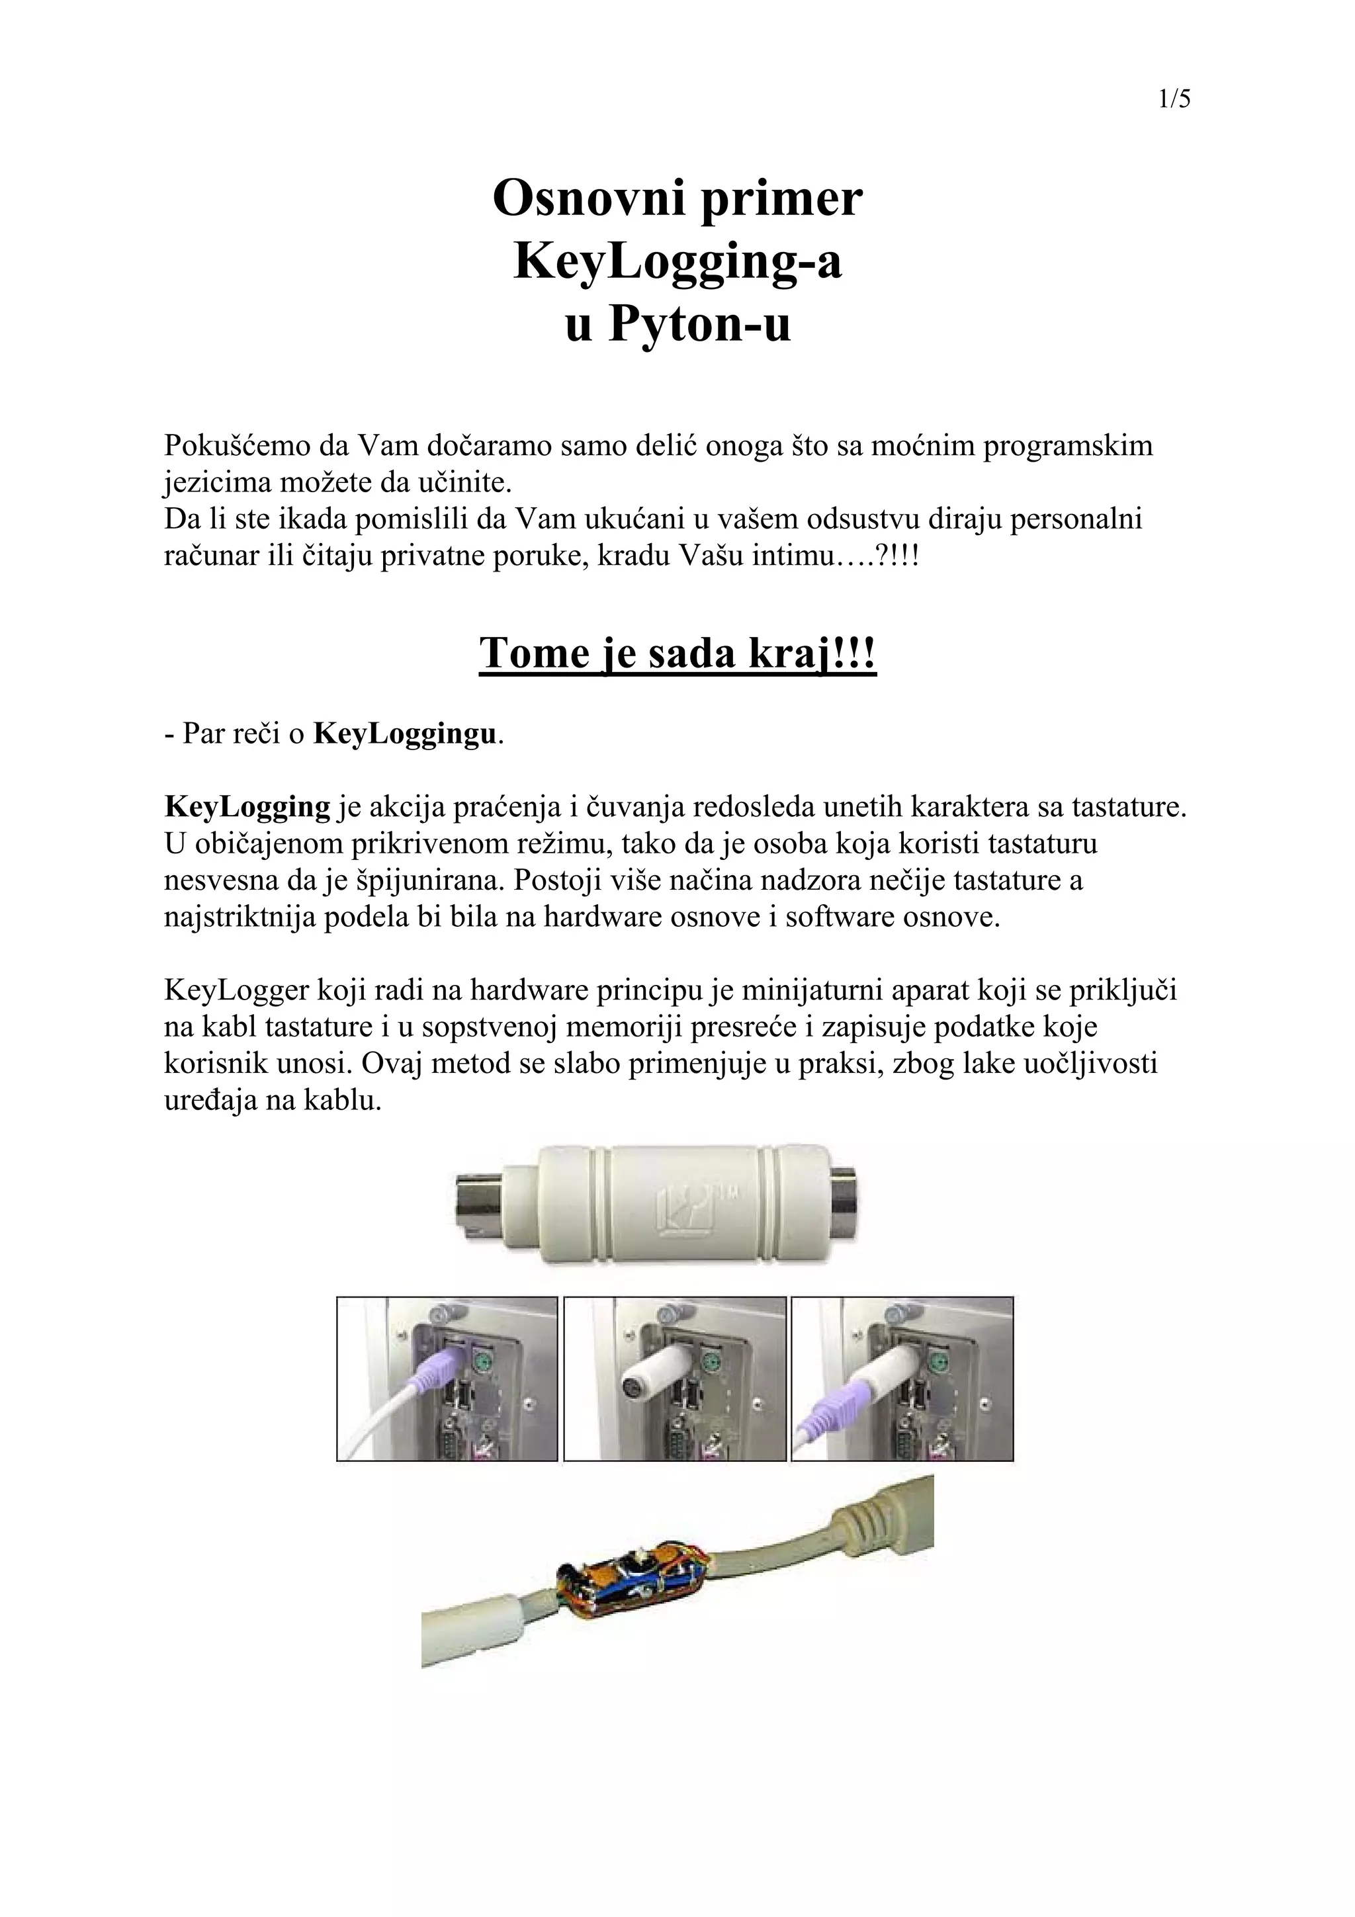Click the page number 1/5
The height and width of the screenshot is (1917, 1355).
[1174, 100]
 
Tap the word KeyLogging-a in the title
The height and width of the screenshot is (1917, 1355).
[677, 261]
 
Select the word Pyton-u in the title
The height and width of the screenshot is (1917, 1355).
[699, 324]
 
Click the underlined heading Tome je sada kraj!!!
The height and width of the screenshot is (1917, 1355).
[677, 654]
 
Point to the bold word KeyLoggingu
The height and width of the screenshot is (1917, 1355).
[405, 734]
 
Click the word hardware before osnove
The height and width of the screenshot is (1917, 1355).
[595, 917]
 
